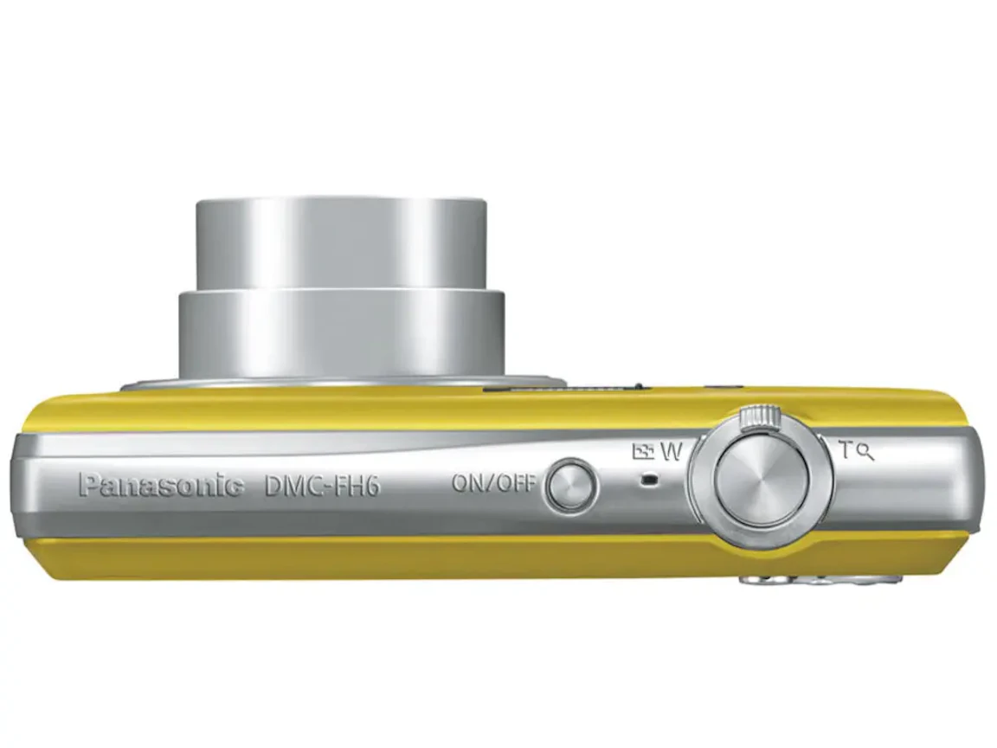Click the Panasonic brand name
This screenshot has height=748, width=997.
[x=161, y=486]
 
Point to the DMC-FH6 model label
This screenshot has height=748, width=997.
[x=322, y=486]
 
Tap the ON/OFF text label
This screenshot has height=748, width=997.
[x=494, y=483]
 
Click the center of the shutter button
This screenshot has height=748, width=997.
[x=761, y=476]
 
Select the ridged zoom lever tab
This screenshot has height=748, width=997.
[x=760, y=415]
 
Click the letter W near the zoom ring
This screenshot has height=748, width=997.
[x=671, y=452]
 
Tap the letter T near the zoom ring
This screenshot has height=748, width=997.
[x=845, y=450]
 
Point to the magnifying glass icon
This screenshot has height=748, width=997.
[x=865, y=452]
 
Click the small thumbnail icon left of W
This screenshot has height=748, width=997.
[x=643, y=451]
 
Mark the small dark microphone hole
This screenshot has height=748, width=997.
[x=648, y=480]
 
